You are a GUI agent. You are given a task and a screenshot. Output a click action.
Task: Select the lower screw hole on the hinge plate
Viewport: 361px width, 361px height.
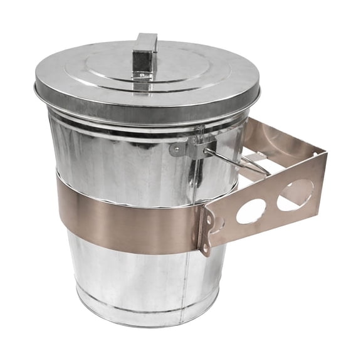[x=205, y=248]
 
